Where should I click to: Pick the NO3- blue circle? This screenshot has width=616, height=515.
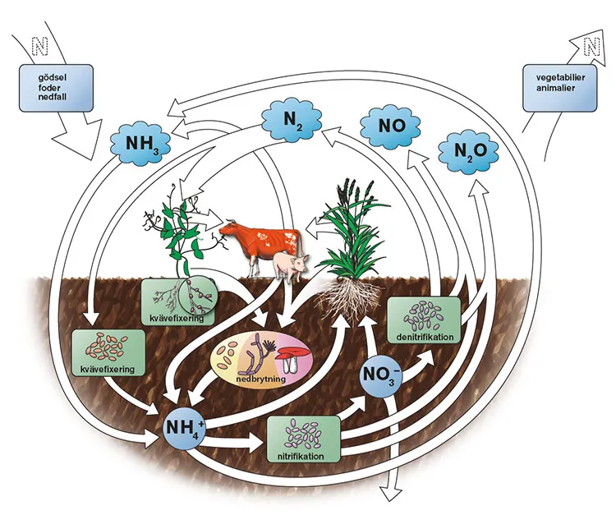380,379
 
